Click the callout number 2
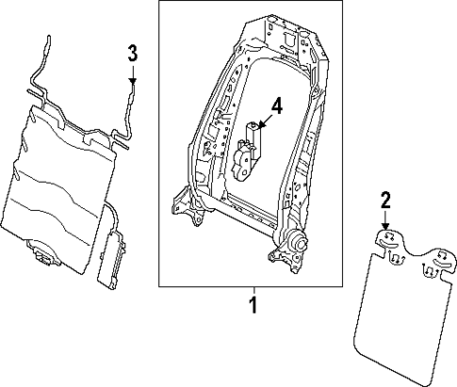384,200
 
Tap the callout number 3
133,51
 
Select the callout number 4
277,105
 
